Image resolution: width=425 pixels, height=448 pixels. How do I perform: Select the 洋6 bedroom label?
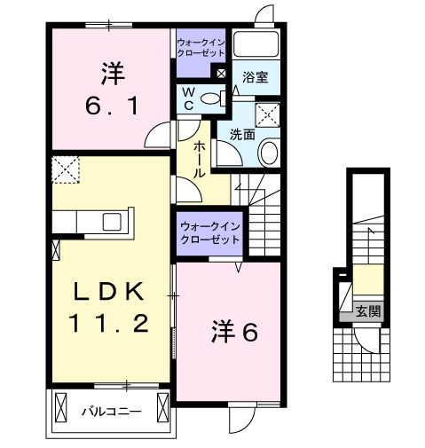pos(233,333)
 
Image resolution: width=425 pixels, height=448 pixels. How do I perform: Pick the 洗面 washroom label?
pos(243,134)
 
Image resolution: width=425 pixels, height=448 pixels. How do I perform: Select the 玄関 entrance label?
pos(367,311)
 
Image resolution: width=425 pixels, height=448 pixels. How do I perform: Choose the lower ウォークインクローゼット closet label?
pos(209,233)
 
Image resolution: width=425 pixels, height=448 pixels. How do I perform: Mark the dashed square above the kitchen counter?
pos(66,169)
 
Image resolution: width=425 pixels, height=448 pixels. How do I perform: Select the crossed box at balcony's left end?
pos(59,408)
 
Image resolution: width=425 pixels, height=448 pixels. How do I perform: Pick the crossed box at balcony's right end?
pos(163,408)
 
